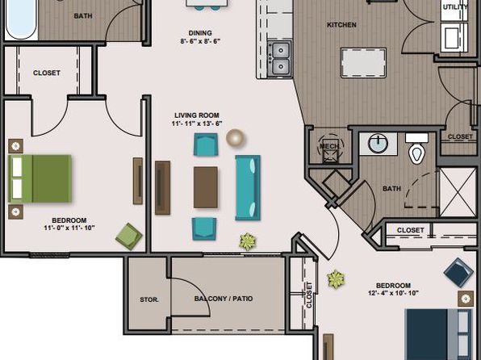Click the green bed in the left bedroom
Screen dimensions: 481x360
40,178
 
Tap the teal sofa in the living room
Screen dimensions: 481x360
248,187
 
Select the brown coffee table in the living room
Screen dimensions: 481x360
206,187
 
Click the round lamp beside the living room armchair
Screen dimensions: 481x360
236,138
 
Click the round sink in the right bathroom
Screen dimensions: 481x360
378,144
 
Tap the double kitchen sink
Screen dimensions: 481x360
280,59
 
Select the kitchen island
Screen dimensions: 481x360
363,63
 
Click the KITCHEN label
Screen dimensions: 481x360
341,25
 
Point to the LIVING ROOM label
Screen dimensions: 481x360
197,115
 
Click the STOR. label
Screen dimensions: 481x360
149,299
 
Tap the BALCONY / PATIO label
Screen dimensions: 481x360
224,299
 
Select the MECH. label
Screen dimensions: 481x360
330,146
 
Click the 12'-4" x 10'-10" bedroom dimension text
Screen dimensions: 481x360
393,293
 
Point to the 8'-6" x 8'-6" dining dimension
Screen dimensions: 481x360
200,41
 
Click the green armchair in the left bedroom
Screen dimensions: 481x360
129,237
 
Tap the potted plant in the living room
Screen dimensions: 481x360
248,241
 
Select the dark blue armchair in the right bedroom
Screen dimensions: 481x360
458,273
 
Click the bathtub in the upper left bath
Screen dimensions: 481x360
21,19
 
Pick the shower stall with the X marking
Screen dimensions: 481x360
458,192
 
